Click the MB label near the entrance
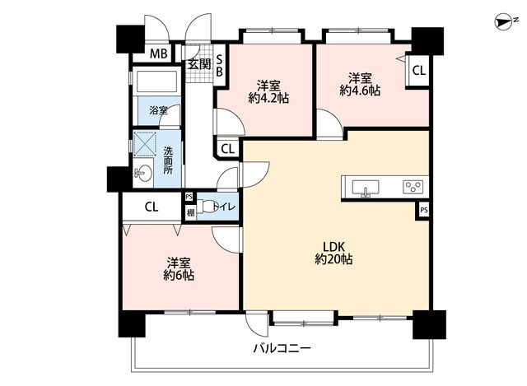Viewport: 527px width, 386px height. pos(159,53)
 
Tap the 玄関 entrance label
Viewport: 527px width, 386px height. pos(199,64)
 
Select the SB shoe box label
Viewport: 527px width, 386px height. pos(219,66)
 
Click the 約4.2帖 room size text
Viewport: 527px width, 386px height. pos(269,98)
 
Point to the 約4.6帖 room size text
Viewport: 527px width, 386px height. pos(360,91)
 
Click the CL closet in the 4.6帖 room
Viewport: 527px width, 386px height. pos(419,71)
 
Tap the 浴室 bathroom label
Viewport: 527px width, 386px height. pos(158,110)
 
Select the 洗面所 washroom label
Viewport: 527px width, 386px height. pos(168,160)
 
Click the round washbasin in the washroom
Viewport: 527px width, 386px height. pos(143,174)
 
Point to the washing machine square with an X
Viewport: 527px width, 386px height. pos(145,144)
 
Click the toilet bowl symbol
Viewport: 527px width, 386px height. pos(205,207)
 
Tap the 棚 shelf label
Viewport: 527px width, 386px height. pos(190,212)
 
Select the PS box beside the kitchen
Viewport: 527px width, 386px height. pos(424,211)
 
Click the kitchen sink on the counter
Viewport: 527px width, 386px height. pos(366,188)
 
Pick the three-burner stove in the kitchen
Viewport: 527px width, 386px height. pos(413,187)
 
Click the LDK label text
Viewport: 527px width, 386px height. pos(333,247)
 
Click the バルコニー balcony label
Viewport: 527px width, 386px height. pos(282,348)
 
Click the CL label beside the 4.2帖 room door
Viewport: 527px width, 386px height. pos(227,149)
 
